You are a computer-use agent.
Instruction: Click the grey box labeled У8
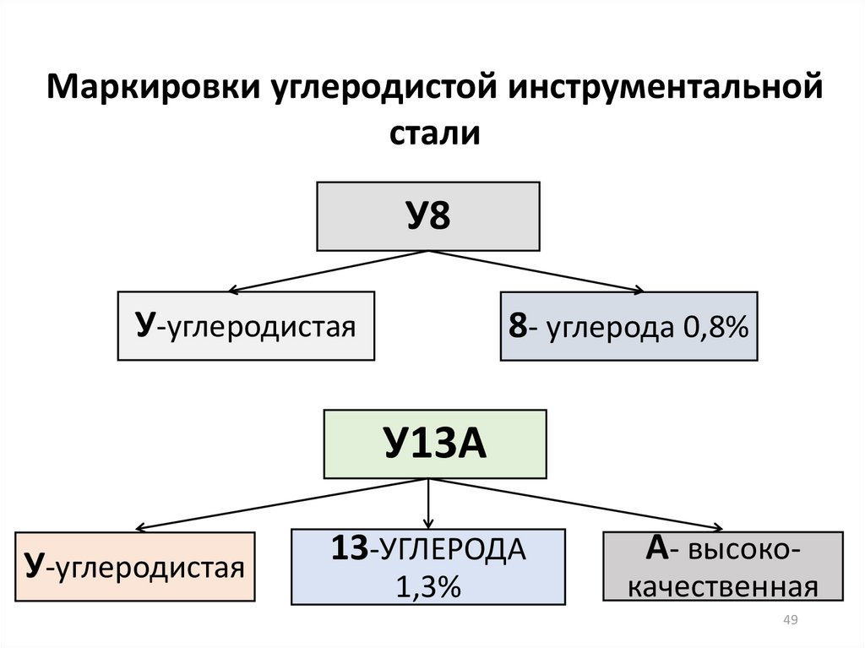427,215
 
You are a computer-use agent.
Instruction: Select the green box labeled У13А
434,444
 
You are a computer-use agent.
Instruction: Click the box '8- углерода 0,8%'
628,326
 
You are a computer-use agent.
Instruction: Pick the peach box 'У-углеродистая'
135,566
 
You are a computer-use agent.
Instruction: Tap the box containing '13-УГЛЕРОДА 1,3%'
427,566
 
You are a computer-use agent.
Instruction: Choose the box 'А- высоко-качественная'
722,566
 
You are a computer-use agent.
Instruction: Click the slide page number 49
791,621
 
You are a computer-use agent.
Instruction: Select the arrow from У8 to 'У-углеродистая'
329,270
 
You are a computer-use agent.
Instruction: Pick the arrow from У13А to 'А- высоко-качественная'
583,504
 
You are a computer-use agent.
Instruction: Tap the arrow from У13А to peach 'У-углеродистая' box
279,504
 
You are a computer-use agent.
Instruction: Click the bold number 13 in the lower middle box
348,549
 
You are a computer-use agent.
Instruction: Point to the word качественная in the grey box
723,585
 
